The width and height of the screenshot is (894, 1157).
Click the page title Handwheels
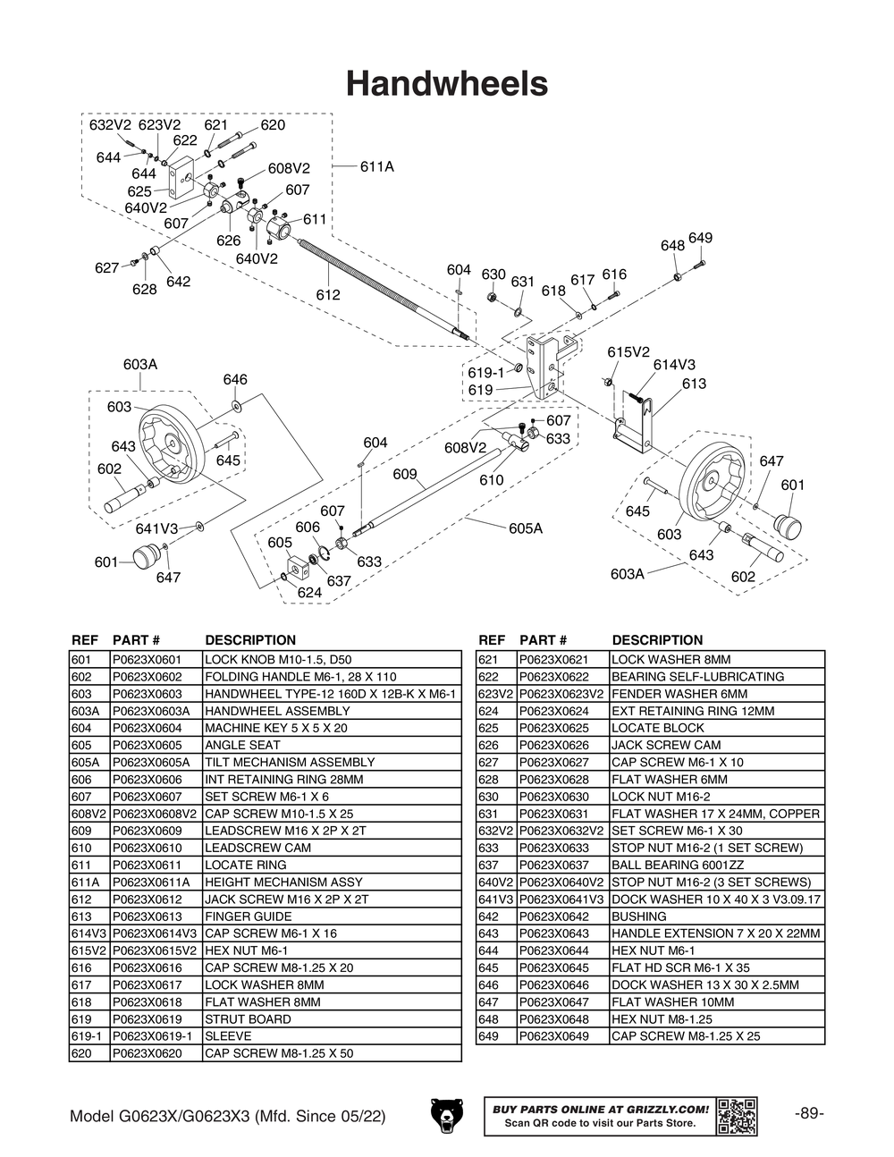(x=446, y=83)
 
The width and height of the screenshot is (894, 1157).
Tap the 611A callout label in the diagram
(x=376, y=166)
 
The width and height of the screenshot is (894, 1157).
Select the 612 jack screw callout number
(x=327, y=294)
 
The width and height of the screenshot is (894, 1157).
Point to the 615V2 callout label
(x=628, y=352)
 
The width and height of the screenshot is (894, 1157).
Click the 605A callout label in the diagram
(x=526, y=528)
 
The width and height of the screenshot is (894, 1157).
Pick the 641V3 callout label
(x=156, y=528)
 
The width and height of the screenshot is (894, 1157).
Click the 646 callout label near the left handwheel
(x=235, y=380)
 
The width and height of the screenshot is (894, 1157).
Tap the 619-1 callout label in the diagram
(x=485, y=372)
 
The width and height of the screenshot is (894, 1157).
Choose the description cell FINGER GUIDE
(x=248, y=916)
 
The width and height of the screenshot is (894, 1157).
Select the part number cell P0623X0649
(x=553, y=1036)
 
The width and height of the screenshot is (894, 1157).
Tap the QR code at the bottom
(x=737, y=1115)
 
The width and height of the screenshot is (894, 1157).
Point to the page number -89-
(x=808, y=1114)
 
